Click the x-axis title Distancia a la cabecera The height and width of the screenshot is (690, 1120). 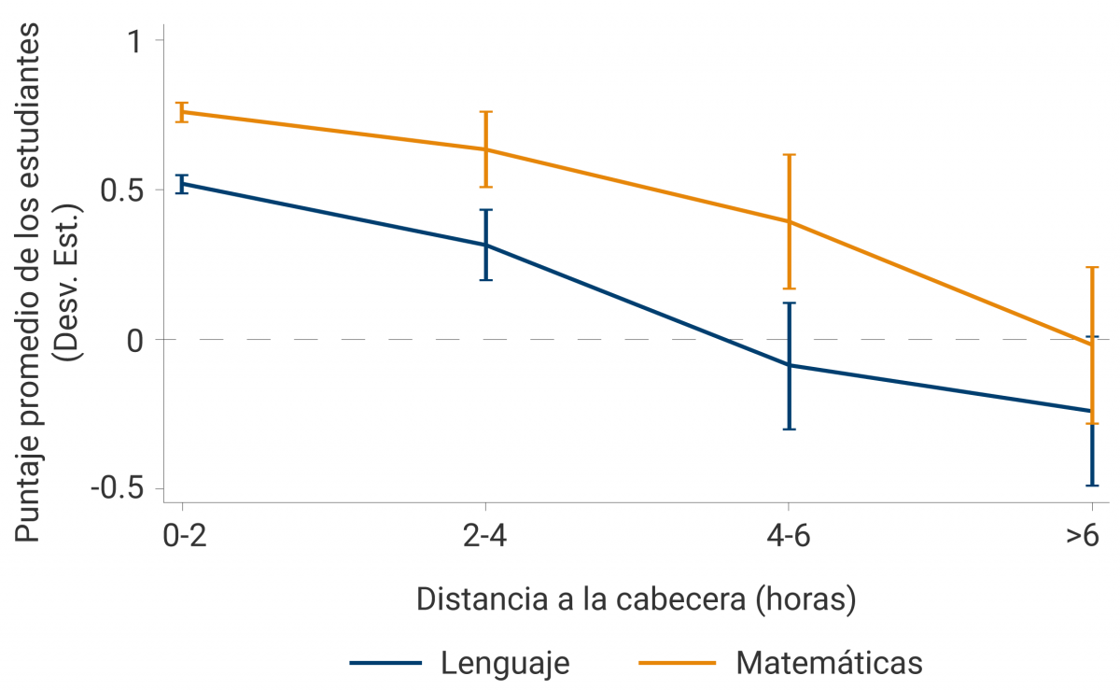[637, 598]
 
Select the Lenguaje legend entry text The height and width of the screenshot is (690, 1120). [505, 663]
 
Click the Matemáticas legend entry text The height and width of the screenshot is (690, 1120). [830, 663]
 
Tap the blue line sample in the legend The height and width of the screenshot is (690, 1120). [388, 663]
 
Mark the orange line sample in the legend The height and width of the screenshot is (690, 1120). [678, 663]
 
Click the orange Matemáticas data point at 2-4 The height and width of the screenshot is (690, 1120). [485, 149]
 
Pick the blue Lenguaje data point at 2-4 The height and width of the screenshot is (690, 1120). [485, 245]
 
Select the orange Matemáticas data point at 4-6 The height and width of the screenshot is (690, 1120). [789, 221]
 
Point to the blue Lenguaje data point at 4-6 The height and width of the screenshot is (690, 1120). [789, 365]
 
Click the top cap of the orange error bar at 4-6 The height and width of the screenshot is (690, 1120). [789, 155]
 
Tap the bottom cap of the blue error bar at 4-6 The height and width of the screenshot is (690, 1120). [789, 429]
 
